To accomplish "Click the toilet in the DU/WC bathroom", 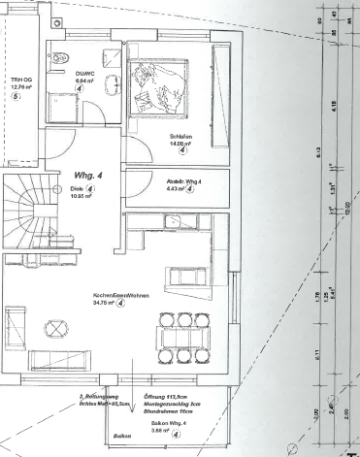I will [60, 54].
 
